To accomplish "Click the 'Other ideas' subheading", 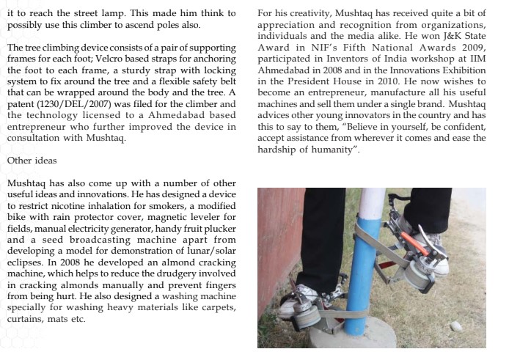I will click(x=26, y=159).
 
